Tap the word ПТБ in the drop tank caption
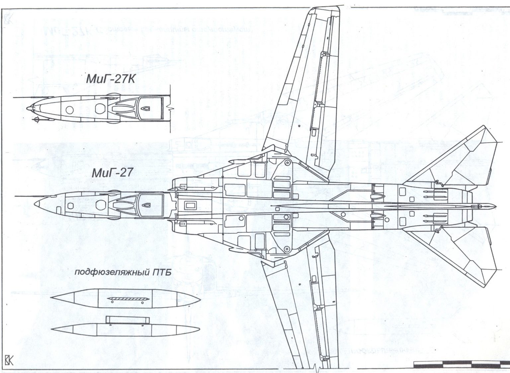162,273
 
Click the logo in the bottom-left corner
9,361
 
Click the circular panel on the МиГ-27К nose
69,109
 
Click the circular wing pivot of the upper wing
286,163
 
